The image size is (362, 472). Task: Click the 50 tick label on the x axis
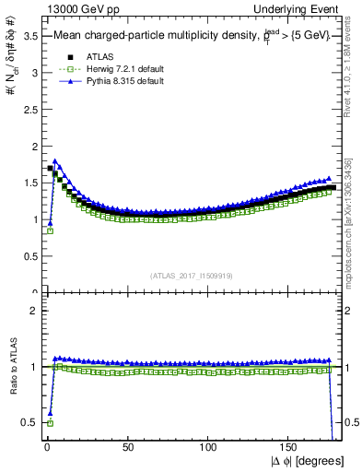coord(127,447)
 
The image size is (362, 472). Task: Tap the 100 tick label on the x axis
coord(209,447)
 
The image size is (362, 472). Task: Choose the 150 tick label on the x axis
coord(290,447)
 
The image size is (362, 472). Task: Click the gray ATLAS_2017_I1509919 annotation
coord(193,274)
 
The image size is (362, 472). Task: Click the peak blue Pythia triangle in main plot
coord(55,161)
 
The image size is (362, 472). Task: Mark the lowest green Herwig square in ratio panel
coord(49,422)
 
